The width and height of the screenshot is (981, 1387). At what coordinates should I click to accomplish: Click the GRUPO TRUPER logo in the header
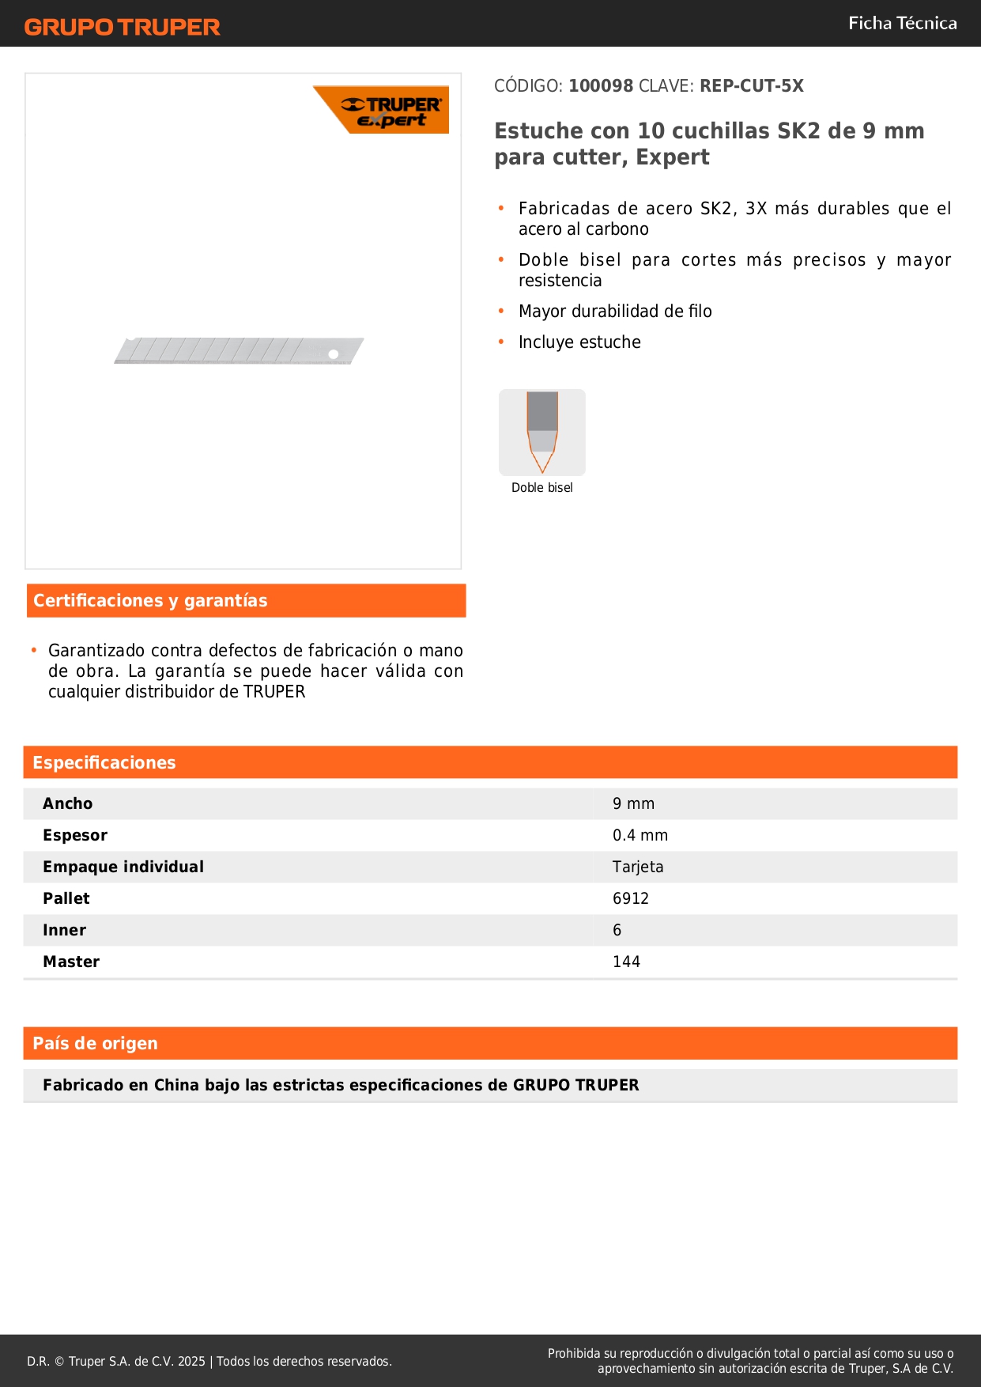(122, 27)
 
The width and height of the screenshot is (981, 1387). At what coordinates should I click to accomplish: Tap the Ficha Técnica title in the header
(902, 24)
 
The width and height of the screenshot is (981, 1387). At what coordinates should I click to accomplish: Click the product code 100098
(601, 86)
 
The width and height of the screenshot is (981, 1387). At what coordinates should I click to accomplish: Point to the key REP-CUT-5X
(751, 86)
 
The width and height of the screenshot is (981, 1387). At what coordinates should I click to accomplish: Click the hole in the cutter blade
(334, 354)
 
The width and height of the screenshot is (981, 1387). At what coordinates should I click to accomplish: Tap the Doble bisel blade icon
(542, 432)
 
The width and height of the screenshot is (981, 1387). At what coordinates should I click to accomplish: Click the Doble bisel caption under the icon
(542, 488)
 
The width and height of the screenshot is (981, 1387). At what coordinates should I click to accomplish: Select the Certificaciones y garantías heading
(150, 601)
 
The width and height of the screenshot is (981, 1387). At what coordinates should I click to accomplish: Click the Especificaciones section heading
(104, 763)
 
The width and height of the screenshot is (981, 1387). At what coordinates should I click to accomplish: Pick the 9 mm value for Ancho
(633, 804)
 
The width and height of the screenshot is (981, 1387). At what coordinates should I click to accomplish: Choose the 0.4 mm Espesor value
(640, 836)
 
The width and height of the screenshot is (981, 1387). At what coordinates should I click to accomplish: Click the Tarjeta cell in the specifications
(638, 867)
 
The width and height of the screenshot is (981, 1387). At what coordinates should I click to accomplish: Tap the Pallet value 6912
(630, 899)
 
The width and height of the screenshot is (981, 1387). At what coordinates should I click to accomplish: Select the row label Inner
(65, 931)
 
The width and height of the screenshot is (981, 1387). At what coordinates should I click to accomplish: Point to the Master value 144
(626, 962)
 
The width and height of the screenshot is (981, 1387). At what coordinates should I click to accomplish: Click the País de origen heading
(95, 1044)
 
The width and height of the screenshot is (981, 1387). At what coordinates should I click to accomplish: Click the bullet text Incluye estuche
(579, 342)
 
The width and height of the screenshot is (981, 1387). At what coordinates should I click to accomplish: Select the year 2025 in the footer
(191, 1362)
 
